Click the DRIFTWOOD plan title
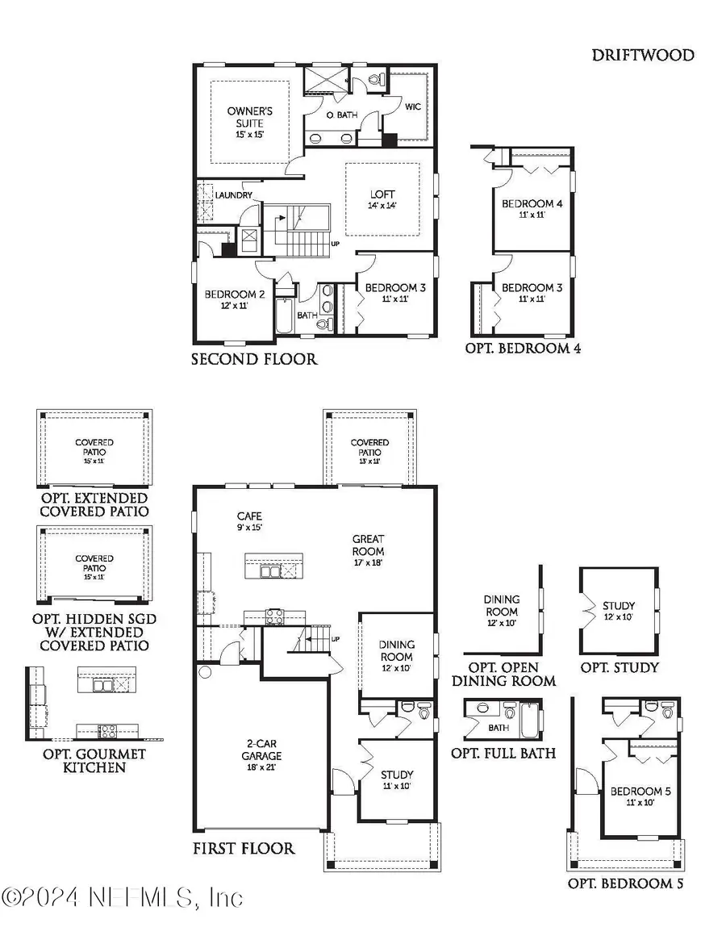tap(643, 55)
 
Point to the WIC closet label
tap(413, 107)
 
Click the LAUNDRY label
tap(234, 195)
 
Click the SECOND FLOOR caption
tap(254, 359)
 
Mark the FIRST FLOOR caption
tap(243, 848)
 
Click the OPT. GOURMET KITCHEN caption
tap(95, 760)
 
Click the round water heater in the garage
tap(205, 671)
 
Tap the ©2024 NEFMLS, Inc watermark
tap(122, 897)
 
